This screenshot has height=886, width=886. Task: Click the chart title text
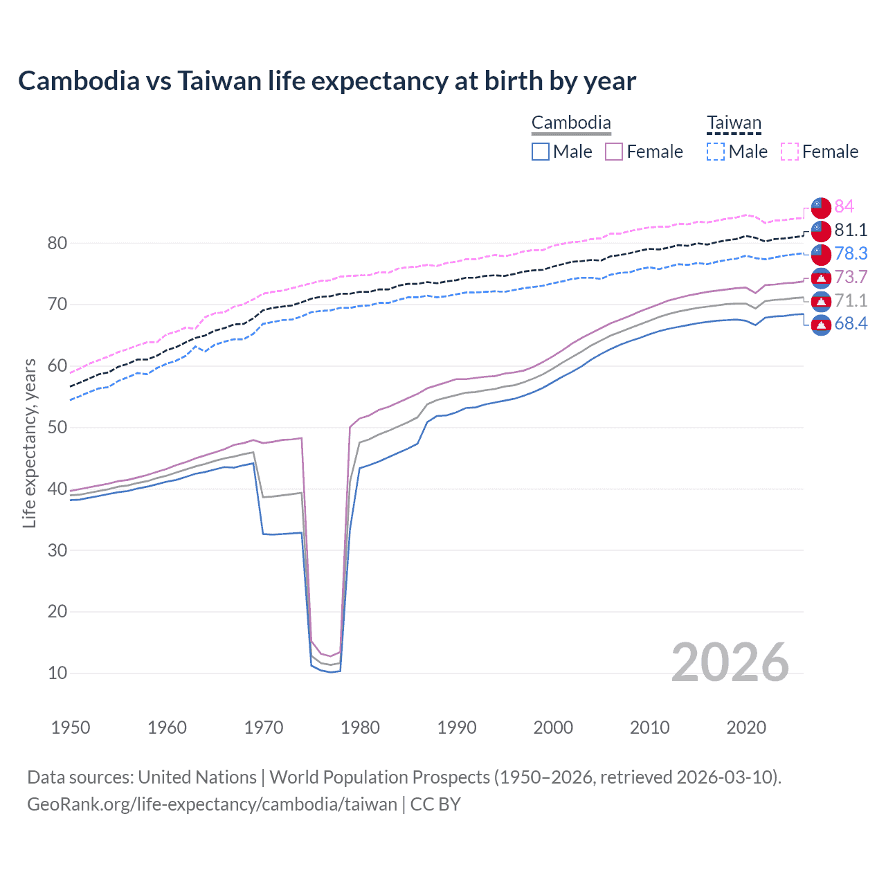(x=327, y=81)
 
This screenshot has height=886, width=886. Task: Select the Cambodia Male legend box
(x=541, y=152)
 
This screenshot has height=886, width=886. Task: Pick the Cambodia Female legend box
(x=614, y=152)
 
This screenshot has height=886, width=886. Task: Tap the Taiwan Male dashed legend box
(x=716, y=152)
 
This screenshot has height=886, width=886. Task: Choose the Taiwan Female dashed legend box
(x=790, y=152)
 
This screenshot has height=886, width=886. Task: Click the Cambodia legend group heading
(x=571, y=123)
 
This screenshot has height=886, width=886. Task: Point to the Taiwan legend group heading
(x=734, y=123)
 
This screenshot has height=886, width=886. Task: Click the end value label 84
(x=844, y=206)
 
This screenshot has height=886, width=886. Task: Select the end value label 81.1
(x=851, y=230)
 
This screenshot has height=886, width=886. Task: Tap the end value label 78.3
(x=851, y=253)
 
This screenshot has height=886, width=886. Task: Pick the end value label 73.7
(x=851, y=277)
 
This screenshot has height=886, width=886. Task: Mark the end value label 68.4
(x=851, y=323)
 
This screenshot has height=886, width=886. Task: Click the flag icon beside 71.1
(x=821, y=301)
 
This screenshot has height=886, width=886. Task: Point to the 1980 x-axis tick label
(x=360, y=727)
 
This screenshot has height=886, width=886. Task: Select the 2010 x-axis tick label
(x=649, y=727)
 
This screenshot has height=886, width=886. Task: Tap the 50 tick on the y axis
(x=57, y=427)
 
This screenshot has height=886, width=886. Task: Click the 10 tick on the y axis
(x=57, y=673)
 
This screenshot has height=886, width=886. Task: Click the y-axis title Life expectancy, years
(x=29, y=443)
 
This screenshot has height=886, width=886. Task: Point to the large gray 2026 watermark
(x=730, y=662)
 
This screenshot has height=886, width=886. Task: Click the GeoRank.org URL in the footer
(x=212, y=804)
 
